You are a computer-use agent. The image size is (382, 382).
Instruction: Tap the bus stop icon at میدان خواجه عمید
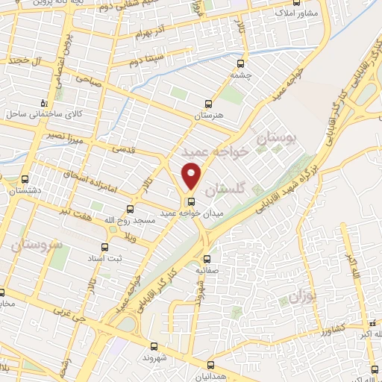(x=192, y=201)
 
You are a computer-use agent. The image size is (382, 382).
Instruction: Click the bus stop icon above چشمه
(x=240, y=63)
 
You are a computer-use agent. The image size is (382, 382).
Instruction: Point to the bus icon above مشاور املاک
(x=297, y=2)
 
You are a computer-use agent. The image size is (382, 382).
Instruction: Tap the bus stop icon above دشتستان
(x=25, y=179)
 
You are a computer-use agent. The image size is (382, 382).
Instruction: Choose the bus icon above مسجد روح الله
(x=131, y=209)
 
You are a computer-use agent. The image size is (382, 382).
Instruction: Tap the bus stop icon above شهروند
(x=154, y=346)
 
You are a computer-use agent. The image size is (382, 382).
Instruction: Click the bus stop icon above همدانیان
(x=210, y=365)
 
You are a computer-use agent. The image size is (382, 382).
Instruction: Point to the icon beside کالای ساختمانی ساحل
(x=45, y=102)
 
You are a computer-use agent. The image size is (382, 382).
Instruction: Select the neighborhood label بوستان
(x=276, y=137)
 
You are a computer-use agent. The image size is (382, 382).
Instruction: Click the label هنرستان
(x=209, y=116)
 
